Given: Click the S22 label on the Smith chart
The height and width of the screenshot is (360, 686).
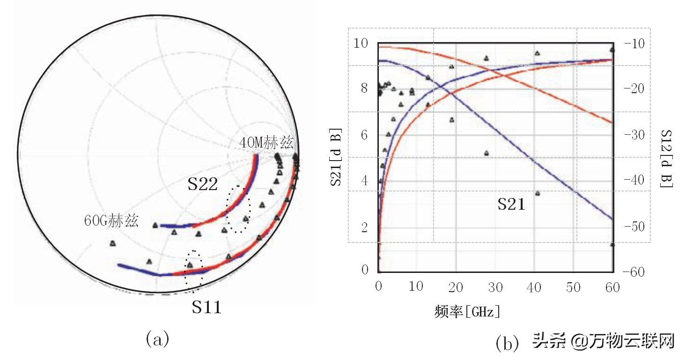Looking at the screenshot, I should (x=203, y=184).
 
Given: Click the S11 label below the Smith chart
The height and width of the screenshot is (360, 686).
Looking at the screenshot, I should (x=207, y=307).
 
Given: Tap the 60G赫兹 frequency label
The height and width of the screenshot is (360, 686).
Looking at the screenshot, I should (x=111, y=221).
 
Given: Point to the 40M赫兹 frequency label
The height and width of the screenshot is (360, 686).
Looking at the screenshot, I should (x=266, y=142).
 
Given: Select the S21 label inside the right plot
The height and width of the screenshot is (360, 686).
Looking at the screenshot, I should (x=511, y=204).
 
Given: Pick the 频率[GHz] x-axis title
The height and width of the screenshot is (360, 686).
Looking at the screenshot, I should (x=467, y=312).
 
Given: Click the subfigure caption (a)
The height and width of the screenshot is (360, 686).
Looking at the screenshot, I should (x=157, y=338).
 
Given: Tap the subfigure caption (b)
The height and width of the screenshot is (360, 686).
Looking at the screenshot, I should (x=507, y=344).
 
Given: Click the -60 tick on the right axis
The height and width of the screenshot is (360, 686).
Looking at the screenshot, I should (x=633, y=272).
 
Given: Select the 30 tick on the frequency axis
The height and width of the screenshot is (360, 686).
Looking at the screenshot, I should (x=494, y=287).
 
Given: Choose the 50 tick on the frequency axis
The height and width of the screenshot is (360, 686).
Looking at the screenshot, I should (x=573, y=287).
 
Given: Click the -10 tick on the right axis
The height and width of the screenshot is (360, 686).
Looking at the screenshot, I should (x=633, y=44).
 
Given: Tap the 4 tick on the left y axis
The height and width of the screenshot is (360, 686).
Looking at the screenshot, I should (x=364, y=181).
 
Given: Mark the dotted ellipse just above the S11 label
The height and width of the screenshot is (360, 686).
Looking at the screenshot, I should (x=194, y=270).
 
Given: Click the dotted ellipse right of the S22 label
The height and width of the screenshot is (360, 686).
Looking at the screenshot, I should (x=238, y=209).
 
